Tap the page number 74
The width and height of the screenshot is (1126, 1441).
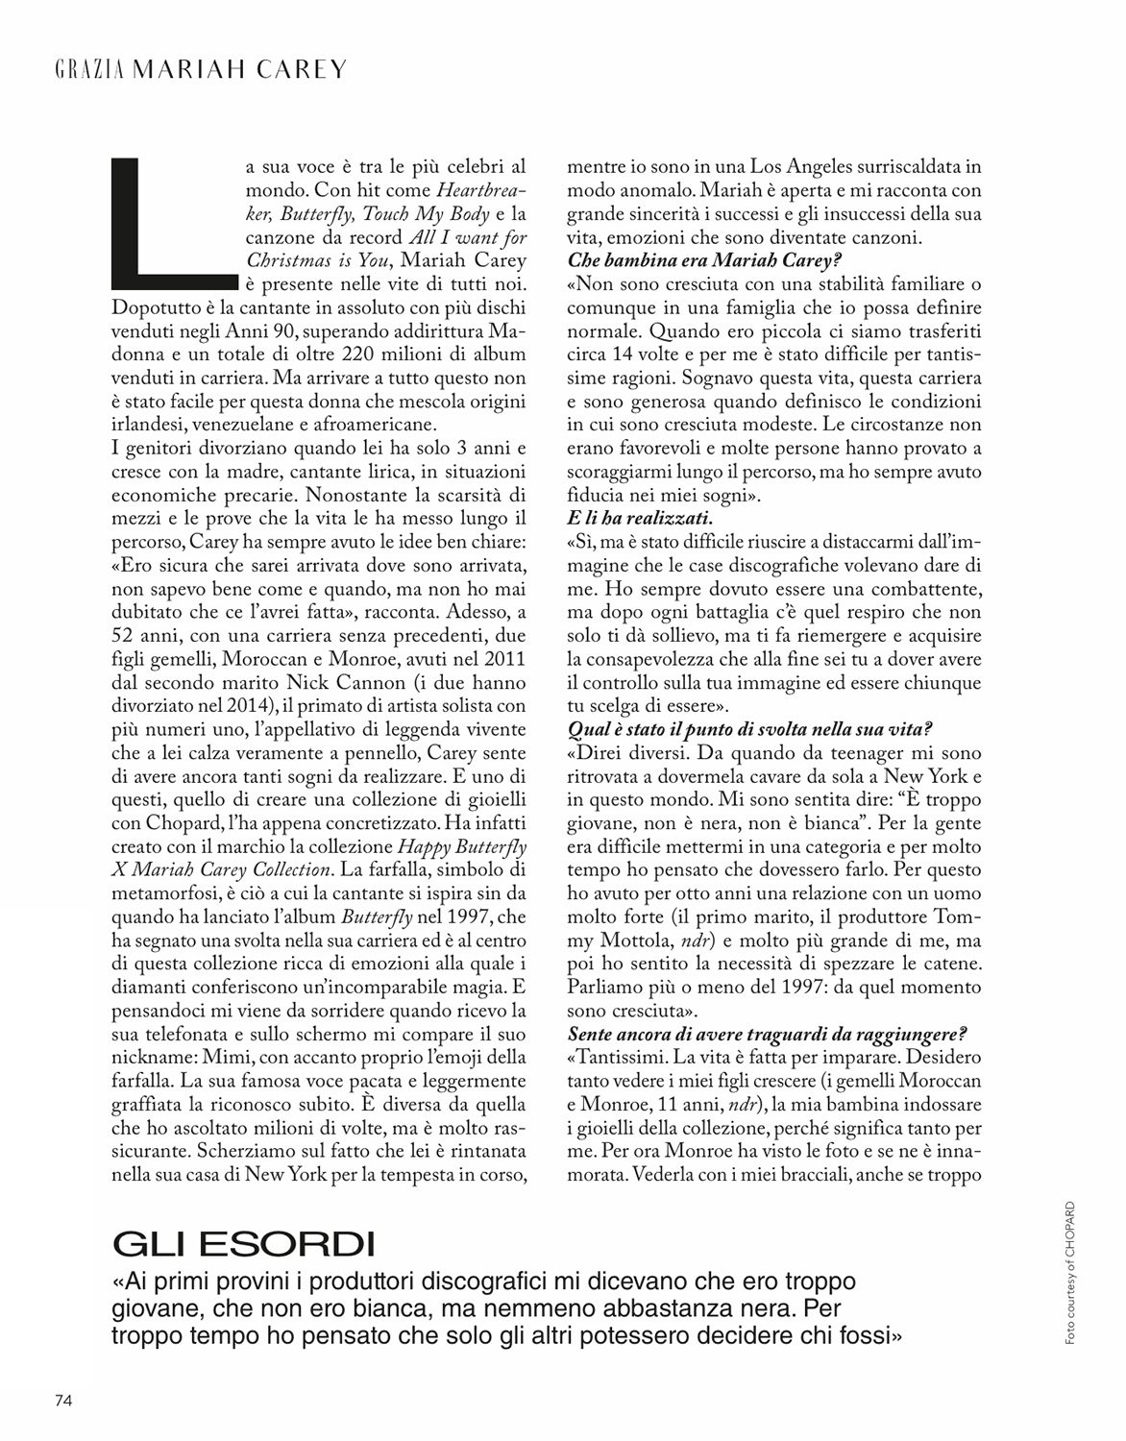[63, 1399]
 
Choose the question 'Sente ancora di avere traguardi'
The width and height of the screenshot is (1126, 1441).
[767, 1034]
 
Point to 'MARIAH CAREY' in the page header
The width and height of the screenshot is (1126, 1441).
[238, 70]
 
